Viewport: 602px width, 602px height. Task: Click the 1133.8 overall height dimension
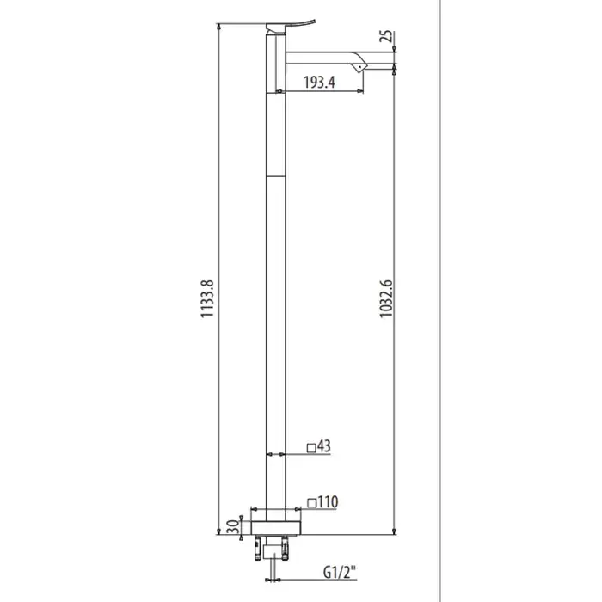click(x=207, y=298)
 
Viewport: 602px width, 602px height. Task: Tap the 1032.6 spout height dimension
click(x=386, y=298)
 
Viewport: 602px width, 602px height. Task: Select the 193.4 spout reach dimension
click(x=319, y=83)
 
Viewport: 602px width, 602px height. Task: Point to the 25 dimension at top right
click(x=387, y=36)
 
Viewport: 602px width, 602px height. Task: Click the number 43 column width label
click(x=324, y=446)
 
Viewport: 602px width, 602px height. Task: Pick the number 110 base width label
click(x=329, y=502)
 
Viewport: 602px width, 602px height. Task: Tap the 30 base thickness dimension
click(x=233, y=526)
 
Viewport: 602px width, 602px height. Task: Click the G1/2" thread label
click(x=340, y=573)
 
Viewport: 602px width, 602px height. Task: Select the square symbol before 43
click(x=311, y=448)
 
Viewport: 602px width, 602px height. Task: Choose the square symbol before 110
click(x=312, y=503)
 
